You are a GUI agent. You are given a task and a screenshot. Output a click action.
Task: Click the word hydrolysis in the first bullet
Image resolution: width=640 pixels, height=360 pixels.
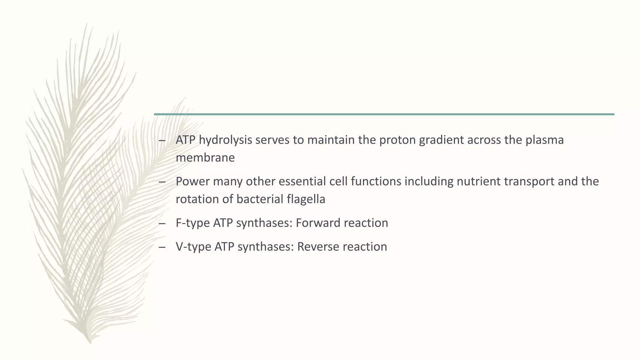(x=225, y=140)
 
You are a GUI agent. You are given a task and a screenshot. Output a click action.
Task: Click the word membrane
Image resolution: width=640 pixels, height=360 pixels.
(x=205, y=157)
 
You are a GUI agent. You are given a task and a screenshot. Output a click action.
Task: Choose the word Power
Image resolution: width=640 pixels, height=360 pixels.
(x=192, y=181)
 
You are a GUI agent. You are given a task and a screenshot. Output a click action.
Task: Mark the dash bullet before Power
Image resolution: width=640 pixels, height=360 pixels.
(x=162, y=182)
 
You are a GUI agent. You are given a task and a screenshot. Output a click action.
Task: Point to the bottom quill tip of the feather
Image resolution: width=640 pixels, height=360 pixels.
(x=90, y=342)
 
